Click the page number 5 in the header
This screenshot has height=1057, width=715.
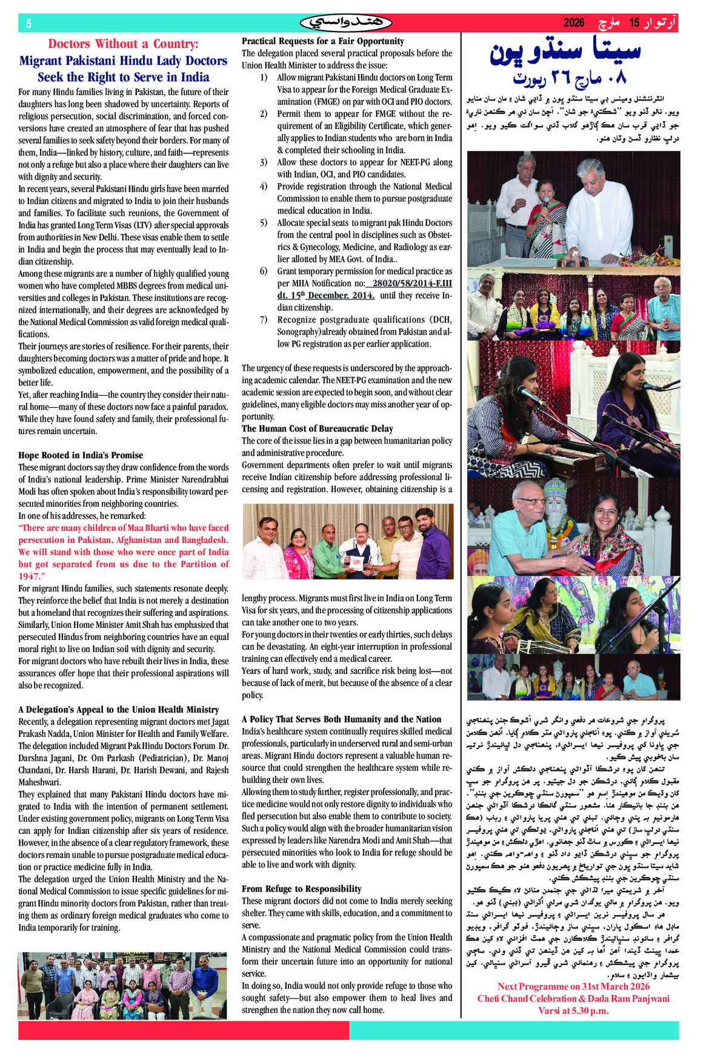coord(28,24)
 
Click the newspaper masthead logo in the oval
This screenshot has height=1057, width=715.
coord(346,23)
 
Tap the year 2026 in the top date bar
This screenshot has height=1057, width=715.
coord(574,23)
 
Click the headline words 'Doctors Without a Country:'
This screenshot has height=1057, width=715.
coord(123,44)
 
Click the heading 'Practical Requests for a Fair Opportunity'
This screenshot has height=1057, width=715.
coord(323,41)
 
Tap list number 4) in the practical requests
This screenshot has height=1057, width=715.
coord(264,187)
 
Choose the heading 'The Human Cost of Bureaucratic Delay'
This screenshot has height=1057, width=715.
coord(317,428)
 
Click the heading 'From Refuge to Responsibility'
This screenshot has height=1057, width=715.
coord(301,889)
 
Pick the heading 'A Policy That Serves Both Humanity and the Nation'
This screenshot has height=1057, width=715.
coord(341,719)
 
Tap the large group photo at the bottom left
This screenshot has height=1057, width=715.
coord(122,985)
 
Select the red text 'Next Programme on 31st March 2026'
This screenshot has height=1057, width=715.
coord(573,986)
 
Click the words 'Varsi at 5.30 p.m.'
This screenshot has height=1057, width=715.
coord(573,1010)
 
